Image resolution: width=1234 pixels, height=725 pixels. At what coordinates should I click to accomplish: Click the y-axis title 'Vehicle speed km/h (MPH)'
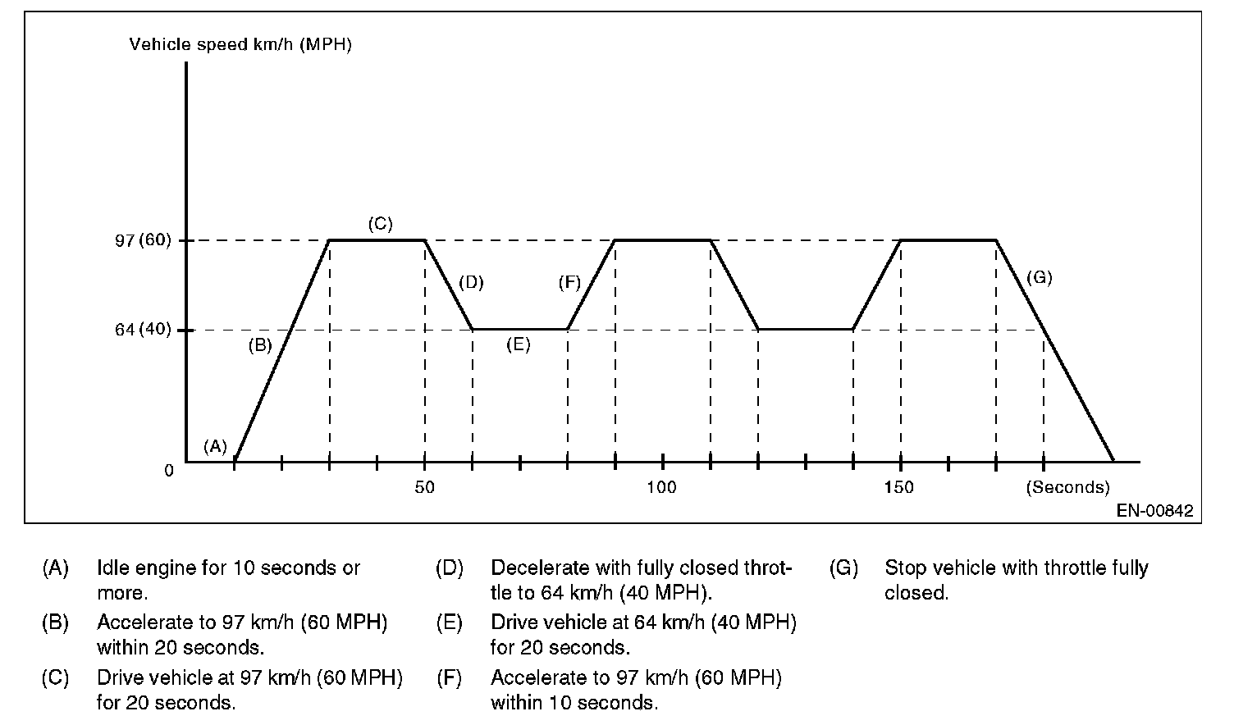(240, 44)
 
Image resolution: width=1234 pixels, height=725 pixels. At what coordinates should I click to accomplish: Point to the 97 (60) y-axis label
(144, 240)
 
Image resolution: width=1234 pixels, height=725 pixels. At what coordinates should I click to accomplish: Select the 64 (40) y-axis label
(144, 330)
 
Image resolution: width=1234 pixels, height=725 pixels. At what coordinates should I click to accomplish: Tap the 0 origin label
(169, 471)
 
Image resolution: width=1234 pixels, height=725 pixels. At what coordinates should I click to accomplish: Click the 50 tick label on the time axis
(424, 487)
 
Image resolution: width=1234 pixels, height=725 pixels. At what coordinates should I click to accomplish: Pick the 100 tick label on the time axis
(661, 487)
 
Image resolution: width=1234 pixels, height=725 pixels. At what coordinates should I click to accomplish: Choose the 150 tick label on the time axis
(899, 487)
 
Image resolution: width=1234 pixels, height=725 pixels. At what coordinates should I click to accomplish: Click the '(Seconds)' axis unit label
(1067, 487)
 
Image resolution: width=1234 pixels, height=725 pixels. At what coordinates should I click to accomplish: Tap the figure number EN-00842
(1154, 511)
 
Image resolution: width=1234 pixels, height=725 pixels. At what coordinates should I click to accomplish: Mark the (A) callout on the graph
(215, 446)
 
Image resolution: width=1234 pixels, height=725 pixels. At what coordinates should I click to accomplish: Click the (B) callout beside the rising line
(260, 345)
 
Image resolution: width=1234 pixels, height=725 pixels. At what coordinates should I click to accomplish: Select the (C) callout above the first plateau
(380, 223)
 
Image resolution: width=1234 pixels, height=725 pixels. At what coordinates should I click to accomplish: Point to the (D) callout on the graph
(471, 283)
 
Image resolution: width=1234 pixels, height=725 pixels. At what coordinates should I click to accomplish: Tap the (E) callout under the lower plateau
(518, 344)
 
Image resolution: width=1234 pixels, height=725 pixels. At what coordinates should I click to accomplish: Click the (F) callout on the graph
(569, 283)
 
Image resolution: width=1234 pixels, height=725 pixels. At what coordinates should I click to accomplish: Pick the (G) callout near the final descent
(1039, 277)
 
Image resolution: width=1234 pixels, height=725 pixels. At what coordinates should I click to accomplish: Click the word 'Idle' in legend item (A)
(112, 568)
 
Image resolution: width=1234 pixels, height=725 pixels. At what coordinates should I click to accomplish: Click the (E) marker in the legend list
(450, 622)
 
